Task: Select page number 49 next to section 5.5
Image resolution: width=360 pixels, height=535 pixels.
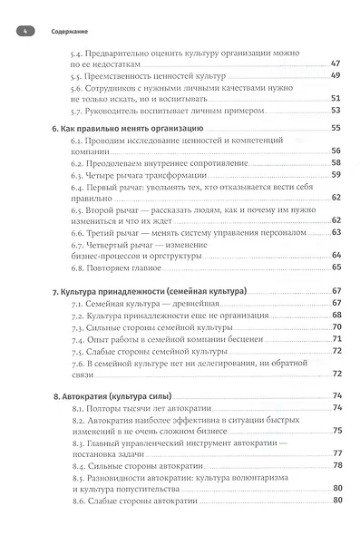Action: pos(335,76)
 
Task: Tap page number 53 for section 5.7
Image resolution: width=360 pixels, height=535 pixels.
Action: pos(335,111)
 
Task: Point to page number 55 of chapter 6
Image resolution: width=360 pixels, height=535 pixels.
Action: pos(335,129)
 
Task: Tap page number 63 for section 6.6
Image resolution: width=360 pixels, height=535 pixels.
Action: pos(335,231)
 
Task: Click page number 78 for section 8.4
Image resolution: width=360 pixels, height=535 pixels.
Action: pos(335,466)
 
